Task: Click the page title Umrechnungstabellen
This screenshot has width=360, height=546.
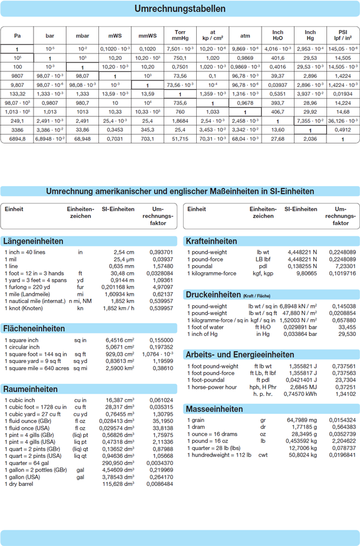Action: pos(180,9)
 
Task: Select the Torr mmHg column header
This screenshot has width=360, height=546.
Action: pos(180,35)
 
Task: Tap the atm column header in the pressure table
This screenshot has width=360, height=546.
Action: pos(245,35)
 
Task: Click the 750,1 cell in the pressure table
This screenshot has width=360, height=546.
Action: pos(180,58)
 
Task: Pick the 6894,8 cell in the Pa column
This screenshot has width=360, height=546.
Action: pos(17,139)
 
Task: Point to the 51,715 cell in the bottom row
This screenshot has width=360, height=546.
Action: pos(180,139)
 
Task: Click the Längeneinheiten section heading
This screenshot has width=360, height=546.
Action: pos(34,241)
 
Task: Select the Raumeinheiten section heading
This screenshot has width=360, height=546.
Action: pos(31,389)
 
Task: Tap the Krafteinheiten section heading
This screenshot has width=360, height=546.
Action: pos(211,241)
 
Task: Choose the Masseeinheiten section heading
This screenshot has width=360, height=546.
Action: pos(214,409)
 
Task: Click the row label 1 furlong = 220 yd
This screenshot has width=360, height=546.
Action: pos(28,287)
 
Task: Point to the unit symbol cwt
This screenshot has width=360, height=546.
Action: pos(263,455)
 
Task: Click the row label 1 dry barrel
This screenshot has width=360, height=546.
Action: pos(19,484)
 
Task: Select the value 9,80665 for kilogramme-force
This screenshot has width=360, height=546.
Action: pos(305,274)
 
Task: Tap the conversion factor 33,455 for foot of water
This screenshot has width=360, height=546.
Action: pos(347,327)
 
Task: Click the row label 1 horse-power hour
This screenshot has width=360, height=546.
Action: pos(212,387)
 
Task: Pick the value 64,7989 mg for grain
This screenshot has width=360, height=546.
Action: pos(302,420)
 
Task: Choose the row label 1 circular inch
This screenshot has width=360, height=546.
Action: pos(22,347)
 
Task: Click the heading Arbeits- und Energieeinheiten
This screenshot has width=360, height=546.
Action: pos(240,355)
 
